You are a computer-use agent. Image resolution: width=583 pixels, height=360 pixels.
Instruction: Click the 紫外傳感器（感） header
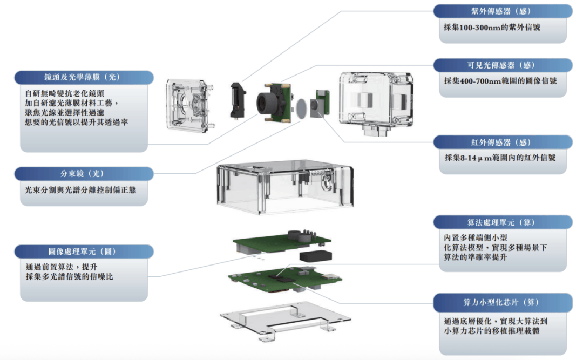(502, 11)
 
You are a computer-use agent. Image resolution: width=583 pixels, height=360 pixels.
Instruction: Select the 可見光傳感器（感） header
(502, 65)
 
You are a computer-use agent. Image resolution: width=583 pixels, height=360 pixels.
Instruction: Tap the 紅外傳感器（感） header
(502, 142)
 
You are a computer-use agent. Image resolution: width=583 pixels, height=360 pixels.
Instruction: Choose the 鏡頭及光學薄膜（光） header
(83, 77)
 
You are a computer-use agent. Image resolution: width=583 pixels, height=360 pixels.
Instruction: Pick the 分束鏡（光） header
(83, 174)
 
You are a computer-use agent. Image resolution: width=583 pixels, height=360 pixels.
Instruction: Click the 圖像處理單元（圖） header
(83, 252)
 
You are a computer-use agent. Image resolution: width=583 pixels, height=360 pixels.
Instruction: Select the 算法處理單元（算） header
(502, 222)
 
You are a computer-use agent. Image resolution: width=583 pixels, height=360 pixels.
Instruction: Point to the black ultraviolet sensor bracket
(238, 100)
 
